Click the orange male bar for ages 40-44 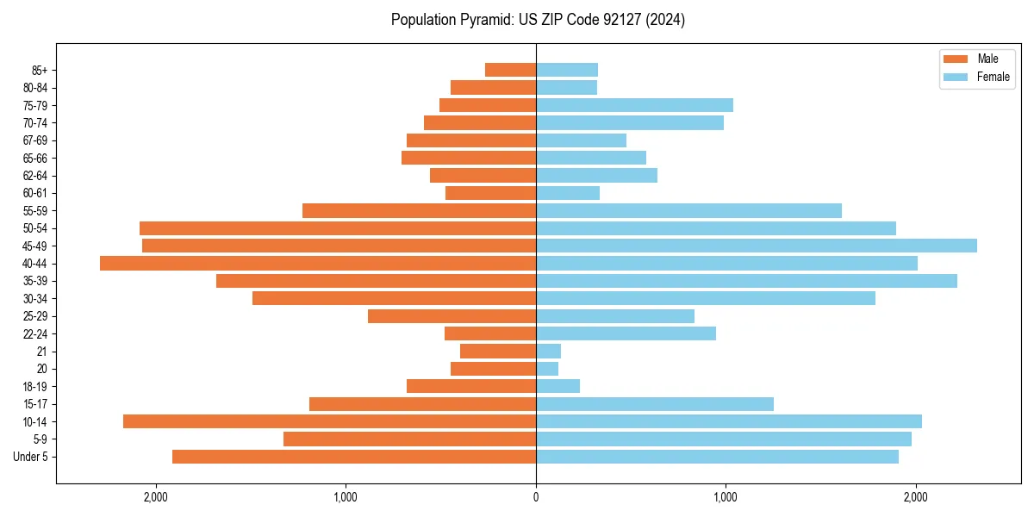pyautogui.click(x=318, y=263)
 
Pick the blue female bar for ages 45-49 pyautogui.click(x=757, y=246)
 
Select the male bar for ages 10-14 pyautogui.click(x=329, y=421)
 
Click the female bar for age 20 pyautogui.click(x=547, y=369)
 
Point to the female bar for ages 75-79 pyautogui.click(x=634, y=105)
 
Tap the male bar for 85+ pyautogui.click(x=510, y=70)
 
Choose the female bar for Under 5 pyautogui.click(x=717, y=457)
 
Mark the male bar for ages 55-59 pyautogui.click(x=419, y=210)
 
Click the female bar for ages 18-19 pyautogui.click(x=557, y=386)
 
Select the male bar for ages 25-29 pyautogui.click(x=452, y=316)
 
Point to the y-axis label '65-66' pyautogui.click(x=35, y=158)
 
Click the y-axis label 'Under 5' pyautogui.click(x=31, y=457)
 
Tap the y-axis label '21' pyautogui.click(x=42, y=352)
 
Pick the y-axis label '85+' pyautogui.click(x=39, y=70)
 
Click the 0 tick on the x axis pyautogui.click(x=536, y=496)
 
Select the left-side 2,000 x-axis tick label pyautogui.click(x=156, y=496)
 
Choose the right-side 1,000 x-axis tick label pyautogui.click(x=726, y=496)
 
